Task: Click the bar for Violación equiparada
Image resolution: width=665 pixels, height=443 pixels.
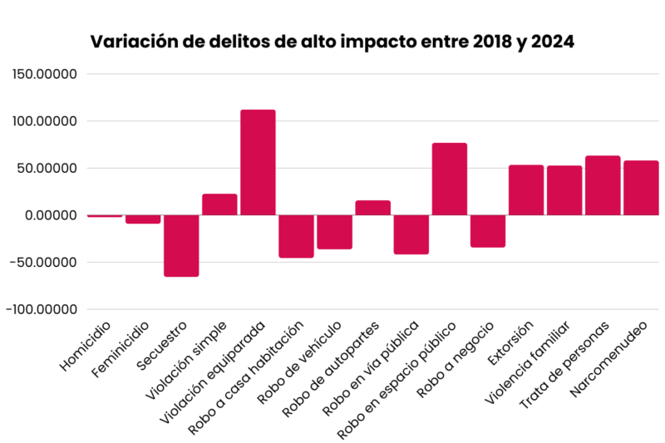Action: pyautogui.click(x=258, y=162)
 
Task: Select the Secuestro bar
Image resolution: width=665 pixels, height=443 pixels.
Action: pyautogui.click(x=181, y=245)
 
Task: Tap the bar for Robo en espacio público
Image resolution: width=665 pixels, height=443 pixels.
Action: pyautogui.click(x=450, y=179)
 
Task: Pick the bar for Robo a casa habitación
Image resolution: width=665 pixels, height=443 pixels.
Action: pyautogui.click(x=296, y=236)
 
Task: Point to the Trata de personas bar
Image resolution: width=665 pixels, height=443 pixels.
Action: pyautogui.click(x=603, y=185)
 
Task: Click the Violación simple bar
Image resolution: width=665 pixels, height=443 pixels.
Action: pyautogui.click(x=219, y=204)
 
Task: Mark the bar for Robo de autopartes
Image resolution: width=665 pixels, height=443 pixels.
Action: pyautogui.click(x=372, y=208)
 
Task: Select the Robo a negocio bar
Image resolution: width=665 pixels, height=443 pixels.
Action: pyautogui.click(x=488, y=231)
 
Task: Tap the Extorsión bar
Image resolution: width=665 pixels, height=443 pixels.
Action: pyautogui.click(x=526, y=190)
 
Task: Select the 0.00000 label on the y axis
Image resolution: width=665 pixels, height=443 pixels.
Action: pyautogui.click(x=49, y=215)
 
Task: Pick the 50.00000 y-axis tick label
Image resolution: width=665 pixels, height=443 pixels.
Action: pyautogui.click(x=49, y=168)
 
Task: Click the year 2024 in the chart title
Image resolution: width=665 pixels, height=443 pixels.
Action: pyautogui.click(x=552, y=42)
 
